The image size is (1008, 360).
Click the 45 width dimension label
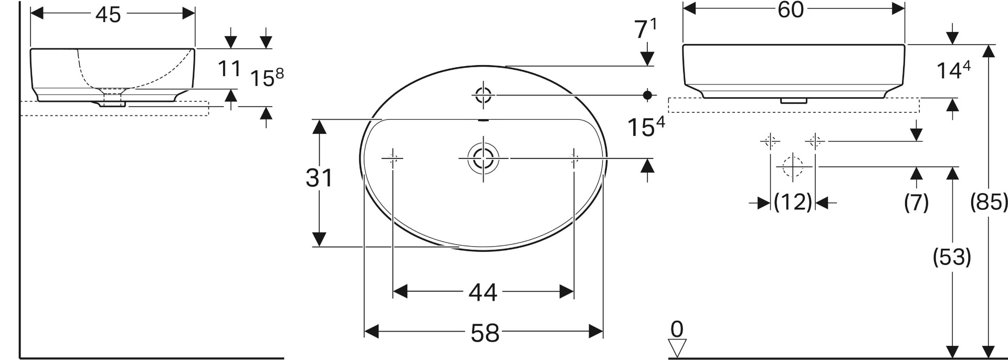coord(108,14)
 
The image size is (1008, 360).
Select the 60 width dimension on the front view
coord(791,9)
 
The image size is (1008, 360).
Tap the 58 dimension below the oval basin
coord(485,333)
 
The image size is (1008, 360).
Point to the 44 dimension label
coord(483,292)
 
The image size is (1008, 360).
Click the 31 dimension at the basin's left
coord(319,178)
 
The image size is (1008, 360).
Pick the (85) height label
coord(989,202)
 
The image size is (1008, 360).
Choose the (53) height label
coord(952,257)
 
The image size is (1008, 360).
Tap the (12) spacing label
coord(793,202)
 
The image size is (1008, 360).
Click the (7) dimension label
coord(917,202)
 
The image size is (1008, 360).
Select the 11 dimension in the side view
coord(229,69)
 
